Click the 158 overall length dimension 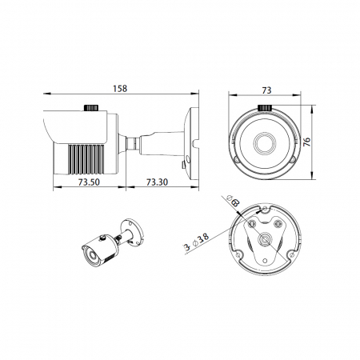pos(120,88)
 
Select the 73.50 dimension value pos(89,182)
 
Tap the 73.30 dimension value pos(157,182)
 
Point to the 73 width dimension pos(266,90)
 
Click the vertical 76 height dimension pos(307,142)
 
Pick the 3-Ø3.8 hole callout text pos(198,242)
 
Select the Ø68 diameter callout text pos(233,201)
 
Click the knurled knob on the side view pos(91,108)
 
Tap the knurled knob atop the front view pos(265,108)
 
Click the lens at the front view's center pos(265,142)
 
